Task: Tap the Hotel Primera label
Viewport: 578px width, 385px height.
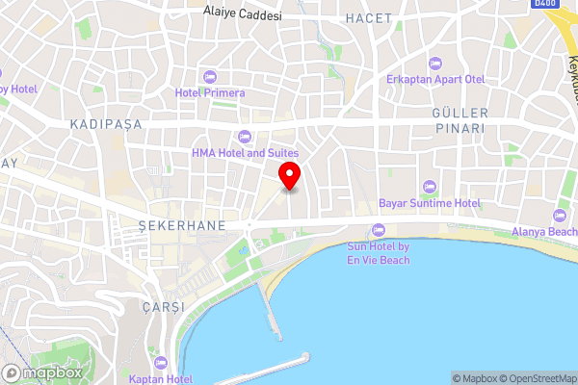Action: point(210,93)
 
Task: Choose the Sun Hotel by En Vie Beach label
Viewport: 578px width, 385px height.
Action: point(378,253)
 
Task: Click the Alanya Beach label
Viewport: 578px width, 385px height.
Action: point(545,232)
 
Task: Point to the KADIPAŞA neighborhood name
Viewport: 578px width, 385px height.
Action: point(105,125)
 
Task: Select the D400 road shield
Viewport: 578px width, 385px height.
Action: point(545,5)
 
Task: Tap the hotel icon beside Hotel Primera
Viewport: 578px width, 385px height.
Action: point(210,76)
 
